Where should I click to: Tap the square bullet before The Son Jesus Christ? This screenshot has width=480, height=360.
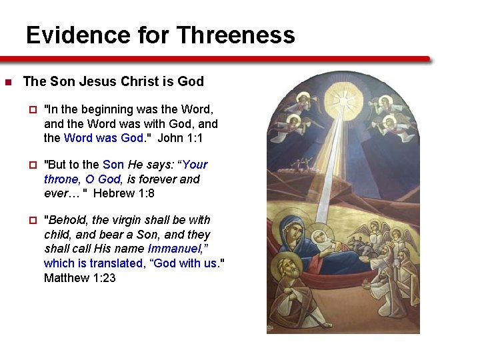point(8,83)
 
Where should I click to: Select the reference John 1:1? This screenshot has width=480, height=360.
point(181,138)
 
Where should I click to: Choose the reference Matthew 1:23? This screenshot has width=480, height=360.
point(79,277)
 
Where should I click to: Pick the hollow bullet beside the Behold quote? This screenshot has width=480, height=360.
point(31,220)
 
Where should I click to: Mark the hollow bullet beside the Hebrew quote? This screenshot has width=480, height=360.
point(31,165)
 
